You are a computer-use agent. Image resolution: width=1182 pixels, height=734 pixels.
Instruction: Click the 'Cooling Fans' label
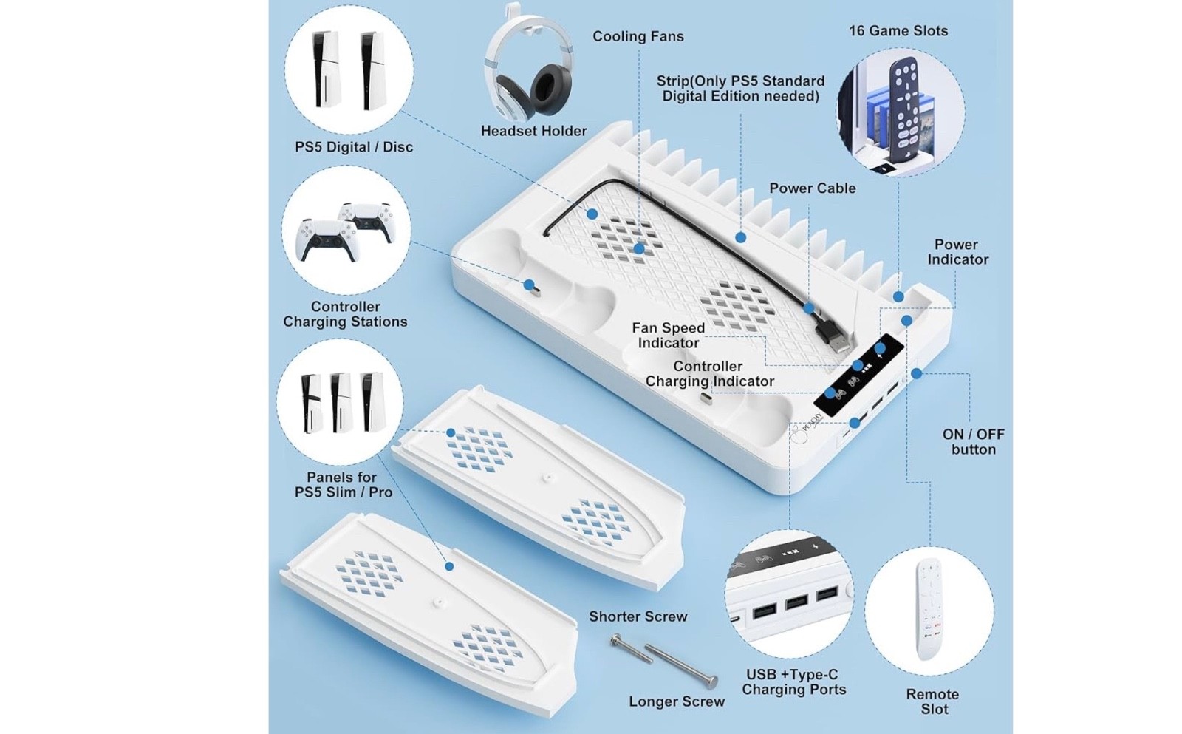click(638, 36)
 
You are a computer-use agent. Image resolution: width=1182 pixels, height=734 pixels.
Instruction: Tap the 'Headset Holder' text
click(533, 131)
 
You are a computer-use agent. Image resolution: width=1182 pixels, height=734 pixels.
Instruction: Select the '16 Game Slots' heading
click(898, 30)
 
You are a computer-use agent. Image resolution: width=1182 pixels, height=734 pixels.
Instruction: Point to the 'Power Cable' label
click(812, 188)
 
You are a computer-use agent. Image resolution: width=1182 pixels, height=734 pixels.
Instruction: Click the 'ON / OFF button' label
click(973, 441)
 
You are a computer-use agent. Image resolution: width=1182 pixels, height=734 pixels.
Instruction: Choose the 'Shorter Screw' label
click(638, 616)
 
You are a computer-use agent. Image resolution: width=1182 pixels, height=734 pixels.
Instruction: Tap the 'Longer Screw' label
click(677, 701)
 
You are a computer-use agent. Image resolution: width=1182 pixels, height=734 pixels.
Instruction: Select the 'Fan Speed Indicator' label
click(668, 336)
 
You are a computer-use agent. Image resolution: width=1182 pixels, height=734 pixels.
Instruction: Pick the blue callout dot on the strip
click(740, 237)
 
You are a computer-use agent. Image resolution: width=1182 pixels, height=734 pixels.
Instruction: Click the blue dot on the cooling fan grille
click(639, 248)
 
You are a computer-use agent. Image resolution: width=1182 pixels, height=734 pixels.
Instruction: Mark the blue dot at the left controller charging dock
click(529, 285)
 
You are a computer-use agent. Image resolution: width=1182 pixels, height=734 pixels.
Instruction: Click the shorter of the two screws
click(631, 649)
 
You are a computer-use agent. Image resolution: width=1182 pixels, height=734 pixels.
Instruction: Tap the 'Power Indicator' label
click(957, 252)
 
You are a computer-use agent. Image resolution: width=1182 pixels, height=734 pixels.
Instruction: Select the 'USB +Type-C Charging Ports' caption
click(793, 682)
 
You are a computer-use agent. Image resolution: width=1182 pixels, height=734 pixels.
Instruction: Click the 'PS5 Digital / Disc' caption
click(354, 147)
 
